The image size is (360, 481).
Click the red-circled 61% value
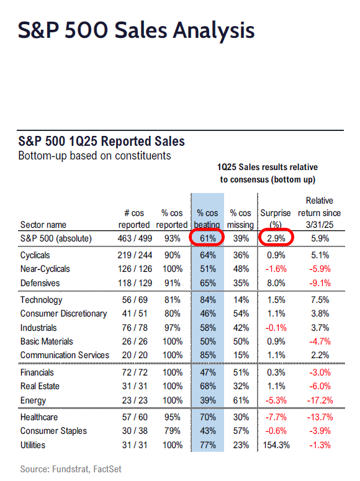208,238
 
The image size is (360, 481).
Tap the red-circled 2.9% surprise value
276,238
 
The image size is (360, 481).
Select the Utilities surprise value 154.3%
276,445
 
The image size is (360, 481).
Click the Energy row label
33,401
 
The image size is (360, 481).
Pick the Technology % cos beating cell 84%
208,300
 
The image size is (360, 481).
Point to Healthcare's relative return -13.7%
320,417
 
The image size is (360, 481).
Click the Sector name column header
43,225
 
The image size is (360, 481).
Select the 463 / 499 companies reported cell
135,238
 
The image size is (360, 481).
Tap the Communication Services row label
65,355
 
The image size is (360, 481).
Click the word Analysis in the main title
214,30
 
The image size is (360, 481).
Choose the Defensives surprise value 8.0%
276,283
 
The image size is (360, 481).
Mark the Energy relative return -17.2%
320,400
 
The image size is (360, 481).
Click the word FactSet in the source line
107,469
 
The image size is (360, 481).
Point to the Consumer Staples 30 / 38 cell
135,431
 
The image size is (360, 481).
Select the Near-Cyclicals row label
45,269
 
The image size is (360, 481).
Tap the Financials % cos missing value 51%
241,372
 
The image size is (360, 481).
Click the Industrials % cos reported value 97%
172,328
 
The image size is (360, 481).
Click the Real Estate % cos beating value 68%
208,386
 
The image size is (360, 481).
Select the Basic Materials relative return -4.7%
320,341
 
